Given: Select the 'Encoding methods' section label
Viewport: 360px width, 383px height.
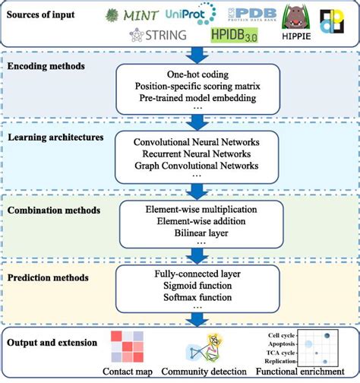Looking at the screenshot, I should click(x=48, y=66).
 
